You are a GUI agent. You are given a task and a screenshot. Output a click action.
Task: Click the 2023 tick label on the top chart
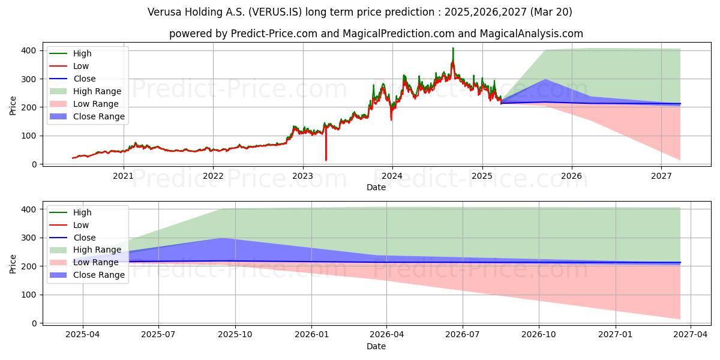(x=302, y=176)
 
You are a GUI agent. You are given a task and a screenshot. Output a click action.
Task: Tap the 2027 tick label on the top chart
(x=661, y=176)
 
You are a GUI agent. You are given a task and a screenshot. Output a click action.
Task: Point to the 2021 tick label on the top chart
(x=124, y=176)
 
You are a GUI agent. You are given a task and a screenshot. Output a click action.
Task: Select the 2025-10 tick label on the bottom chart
(x=235, y=335)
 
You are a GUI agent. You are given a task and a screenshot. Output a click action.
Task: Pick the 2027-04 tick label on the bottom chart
(x=691, y=335)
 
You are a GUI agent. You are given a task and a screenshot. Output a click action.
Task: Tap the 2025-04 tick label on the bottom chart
(x=83, y=335)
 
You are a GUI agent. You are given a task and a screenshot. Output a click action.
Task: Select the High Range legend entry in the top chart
(x=97, y=91)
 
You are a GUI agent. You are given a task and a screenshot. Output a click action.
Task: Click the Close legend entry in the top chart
(x=83, y=79)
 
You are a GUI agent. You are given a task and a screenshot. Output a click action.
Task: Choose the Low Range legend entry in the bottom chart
(x=96, y=263)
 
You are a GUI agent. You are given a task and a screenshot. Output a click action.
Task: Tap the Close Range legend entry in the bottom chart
(x=98, y=275)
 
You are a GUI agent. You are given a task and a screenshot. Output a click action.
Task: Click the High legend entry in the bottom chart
(x=82, y=212)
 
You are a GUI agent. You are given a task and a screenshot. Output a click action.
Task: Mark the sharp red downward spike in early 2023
(x=326, y=160)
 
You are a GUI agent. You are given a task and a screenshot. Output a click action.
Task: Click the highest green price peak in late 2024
(x=453, y=48)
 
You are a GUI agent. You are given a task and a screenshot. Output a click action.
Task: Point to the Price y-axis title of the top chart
(x=13, y=106)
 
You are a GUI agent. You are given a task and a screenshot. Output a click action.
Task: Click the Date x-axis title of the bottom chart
(x=376, y=346)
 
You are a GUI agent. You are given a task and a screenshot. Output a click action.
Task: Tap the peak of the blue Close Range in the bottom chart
(x=223, y=238)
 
